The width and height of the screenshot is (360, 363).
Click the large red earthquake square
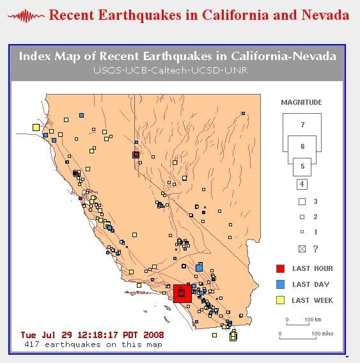(x=182, y=293)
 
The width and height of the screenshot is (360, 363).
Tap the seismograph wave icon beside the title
(x=26, y=16)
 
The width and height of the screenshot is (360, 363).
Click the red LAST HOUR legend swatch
(x=280, y=268)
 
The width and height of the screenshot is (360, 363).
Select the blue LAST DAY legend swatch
(x=280, y=284)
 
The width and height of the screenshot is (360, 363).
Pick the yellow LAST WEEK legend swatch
(x=280, y=300)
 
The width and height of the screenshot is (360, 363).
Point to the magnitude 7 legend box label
(x=302, y=125)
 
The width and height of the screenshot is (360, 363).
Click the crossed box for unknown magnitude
(x=302, y=249)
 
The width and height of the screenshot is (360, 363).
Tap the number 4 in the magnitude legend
(x=302, y=184)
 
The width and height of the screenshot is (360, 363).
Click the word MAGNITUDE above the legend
(x=301, y=102)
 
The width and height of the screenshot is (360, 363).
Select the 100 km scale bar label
(x=313, y=320)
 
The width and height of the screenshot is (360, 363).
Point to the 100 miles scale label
(x=322, y=334)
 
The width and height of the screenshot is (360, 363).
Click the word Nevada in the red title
(x=325, y=15)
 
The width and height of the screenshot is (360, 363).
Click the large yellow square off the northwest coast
(x=36, y=128)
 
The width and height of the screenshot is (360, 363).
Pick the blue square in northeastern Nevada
(x=243, y=114)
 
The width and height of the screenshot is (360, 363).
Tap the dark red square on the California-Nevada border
(x=136, y=155)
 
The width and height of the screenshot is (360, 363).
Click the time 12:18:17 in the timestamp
(x=98, y=335)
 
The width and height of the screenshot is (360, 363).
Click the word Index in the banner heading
(x=35, y=56)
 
